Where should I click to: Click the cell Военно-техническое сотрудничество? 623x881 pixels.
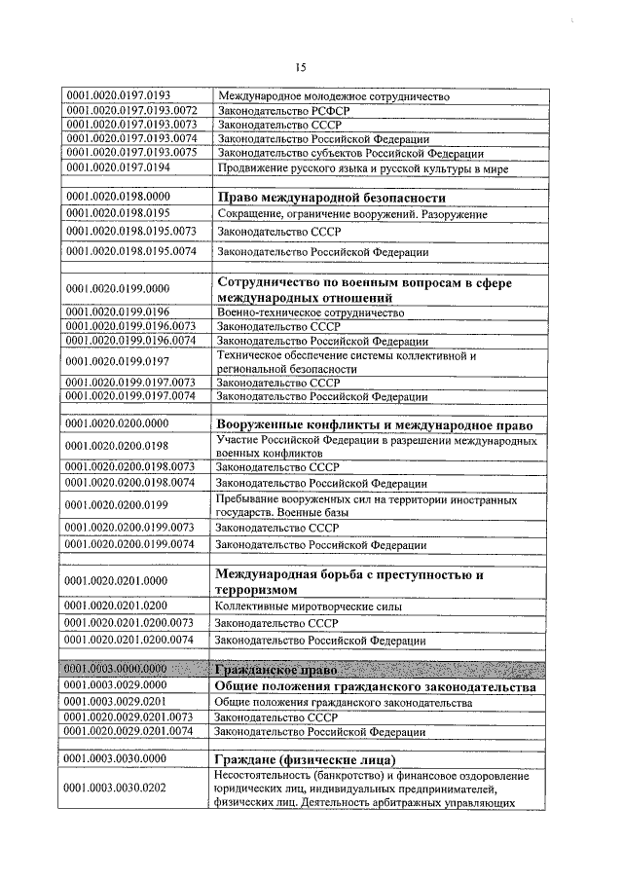tap(311, 312)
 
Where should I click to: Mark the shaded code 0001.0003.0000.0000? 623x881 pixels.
tap(117, 670)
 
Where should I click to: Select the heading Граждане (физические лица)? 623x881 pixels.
tap(305, 758)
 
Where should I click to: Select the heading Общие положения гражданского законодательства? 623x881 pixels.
tap(375, 687)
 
